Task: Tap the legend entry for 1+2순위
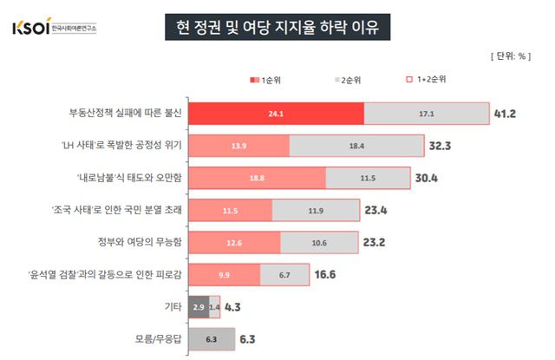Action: (x=424, y=81)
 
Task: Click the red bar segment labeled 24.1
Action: (x=276, y=114)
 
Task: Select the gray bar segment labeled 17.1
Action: (x=426, y=114)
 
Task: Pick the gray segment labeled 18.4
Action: (x=356, y=146)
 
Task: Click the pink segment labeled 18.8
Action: (x=257, y=179)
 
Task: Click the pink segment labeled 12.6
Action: (x=234, y=243)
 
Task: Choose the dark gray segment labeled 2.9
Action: (x=197, y=308)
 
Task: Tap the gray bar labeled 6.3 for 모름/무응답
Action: (x=211, y=340)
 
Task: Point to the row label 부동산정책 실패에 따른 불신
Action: (x=125, y=114)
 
